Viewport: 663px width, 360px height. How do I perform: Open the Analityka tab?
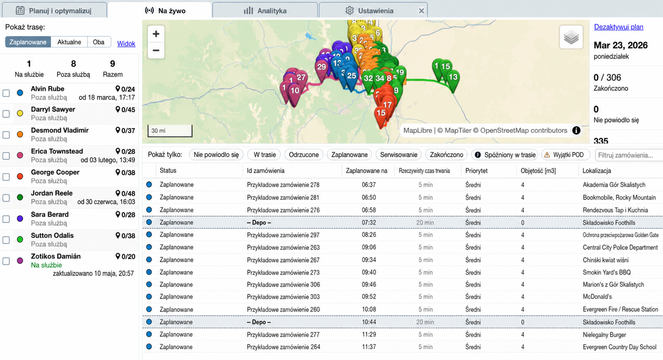coord(265,11)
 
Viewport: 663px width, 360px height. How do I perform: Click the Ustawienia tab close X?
coord(421,11)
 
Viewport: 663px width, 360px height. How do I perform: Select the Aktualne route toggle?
coord(69,42)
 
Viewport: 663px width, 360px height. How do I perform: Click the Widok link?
coord(126,44)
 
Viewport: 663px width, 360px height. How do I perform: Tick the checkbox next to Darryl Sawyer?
coord(6,114)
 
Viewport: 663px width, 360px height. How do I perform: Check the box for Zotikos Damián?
coord(6,261)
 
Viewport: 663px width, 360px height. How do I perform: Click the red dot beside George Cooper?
coord(20,177)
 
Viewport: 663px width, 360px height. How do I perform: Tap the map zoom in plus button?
coord(156,34)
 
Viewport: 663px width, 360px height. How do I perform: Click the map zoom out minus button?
coord(156,50)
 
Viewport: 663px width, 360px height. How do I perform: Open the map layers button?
coord(571,37)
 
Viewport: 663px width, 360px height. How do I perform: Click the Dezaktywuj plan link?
coord(619,27)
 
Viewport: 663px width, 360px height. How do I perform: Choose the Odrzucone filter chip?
coord(304,155)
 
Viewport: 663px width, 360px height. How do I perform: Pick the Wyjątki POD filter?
coord(566,155)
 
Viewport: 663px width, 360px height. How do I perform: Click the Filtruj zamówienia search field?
coord(629,155)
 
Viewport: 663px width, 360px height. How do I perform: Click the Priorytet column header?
coord(476,171)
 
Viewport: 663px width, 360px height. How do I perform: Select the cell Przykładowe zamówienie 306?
coord(284,285)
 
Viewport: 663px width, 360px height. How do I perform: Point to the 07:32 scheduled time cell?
coord(369,222)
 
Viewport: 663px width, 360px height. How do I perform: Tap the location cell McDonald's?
coord(597,296)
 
